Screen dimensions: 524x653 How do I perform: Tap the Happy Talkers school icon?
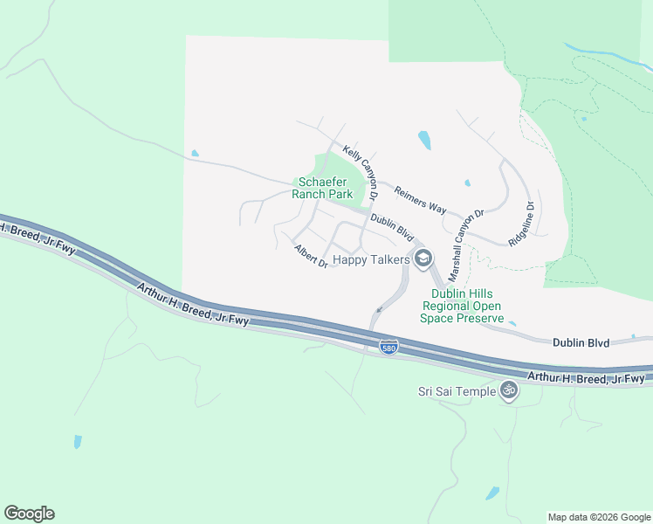423,258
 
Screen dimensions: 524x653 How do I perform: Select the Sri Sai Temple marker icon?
509,390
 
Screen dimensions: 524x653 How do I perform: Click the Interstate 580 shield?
389,348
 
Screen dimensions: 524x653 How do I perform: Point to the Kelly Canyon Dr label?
360,172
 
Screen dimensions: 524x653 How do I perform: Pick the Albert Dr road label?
311,256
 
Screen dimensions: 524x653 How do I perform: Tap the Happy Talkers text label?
371,259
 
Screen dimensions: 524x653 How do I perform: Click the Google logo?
29,514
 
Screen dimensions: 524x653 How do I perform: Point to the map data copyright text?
598,517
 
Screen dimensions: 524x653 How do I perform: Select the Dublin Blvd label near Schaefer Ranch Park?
391,229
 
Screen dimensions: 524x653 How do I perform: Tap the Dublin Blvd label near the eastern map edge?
580,343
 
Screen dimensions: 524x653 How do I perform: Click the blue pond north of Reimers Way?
424,140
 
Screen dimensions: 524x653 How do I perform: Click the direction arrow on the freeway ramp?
378,309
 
